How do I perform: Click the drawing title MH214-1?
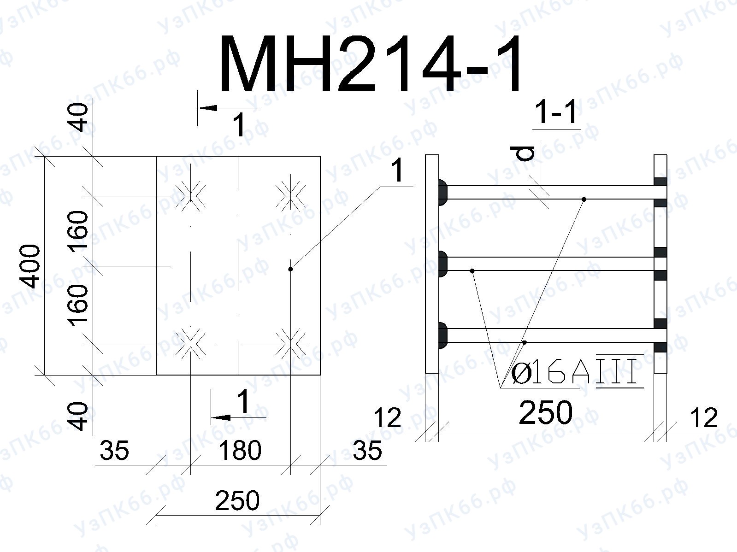(x=371, y=63)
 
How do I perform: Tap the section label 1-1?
(x=556, y=112)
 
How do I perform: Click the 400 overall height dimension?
(x=30, y=266)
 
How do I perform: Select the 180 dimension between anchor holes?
(x=240, y=450)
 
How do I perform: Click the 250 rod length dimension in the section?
(x=546, y=412)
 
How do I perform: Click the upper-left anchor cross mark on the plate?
(x=190, y=196)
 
